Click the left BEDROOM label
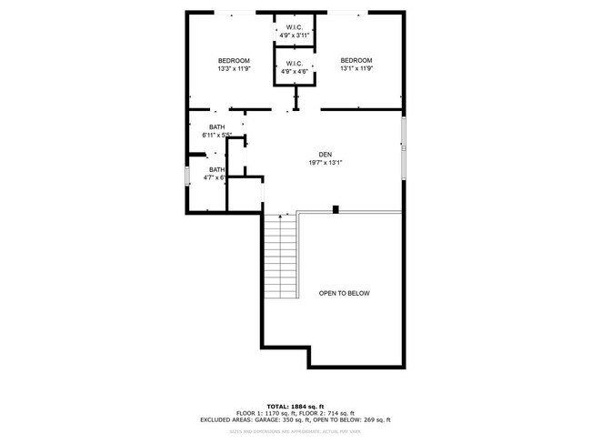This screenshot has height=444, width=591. pyautogui.click(x=234, y=61)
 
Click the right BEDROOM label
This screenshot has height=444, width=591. pyautogui.click(x=356, y=61)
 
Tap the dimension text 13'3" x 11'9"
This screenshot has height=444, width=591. pyautogui.click(x=234, y=68)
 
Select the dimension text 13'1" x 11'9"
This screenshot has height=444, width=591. pyautogui.click(x=356, y=68)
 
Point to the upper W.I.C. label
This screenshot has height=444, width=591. pyautogui.click(x=295, y=27)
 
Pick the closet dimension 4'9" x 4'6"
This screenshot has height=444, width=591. pyautogui.click(x=295, y=71)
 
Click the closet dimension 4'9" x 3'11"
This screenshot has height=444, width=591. pyautogui.click(x=295, y=35)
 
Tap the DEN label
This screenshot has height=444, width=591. pyautogui.click(x=325, y=154)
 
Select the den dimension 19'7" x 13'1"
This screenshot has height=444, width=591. pyautogui.click(x=325, y=162)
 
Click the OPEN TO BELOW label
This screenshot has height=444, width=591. pyautogui.click(x=344, y=293)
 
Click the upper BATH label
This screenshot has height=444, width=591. pyautogui.click(x=216, y=127)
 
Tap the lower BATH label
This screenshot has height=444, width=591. pyautogui.click(x=216, y=169)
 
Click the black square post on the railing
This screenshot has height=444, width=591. pyautogui.click(x=336, y=210)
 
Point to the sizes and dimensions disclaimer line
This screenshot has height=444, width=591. pyautogui.click(x=295, y=433)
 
